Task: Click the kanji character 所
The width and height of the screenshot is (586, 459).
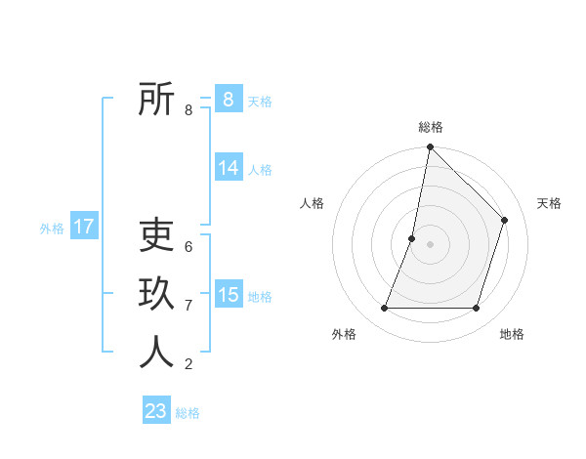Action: tap(156, 100)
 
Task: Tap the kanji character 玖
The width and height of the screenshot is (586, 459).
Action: tap(156, 294)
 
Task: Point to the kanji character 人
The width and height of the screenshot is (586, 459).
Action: tap(156, 353)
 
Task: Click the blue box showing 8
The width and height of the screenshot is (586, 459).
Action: tap(229, 99)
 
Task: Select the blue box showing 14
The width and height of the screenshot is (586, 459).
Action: tap(229, 168)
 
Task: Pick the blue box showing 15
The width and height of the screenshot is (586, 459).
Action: tap(229, 294)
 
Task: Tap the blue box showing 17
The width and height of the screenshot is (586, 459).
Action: tap(83, 227)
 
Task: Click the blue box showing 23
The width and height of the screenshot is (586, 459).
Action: tap(156, 411)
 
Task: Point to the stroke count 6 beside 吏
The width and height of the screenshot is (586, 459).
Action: tap(188, 247)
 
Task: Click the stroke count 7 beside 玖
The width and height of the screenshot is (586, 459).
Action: tap(188, 306)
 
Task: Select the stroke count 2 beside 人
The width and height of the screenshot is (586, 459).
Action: tap(188, 364)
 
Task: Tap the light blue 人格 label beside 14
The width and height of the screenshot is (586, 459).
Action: tap(260, 170)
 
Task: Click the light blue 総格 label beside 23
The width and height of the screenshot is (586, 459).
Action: tap(188, 413)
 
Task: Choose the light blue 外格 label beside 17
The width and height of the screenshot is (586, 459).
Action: tap(52, 229)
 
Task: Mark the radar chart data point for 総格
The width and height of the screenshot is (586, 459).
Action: tap(430, 147)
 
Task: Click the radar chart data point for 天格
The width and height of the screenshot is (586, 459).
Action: tap(505, 220)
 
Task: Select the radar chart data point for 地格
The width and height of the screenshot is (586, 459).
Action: tap(477, 309)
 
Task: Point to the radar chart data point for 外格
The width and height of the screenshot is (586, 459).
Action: tap(384, 309)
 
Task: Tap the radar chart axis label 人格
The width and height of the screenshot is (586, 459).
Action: tap(312, 203)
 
